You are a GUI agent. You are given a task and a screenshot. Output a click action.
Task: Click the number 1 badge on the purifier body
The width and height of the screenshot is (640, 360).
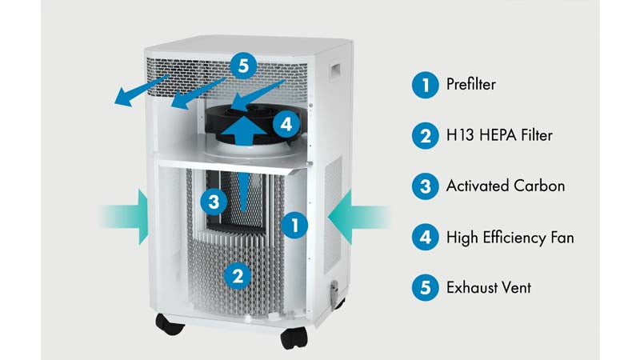click(295, 226)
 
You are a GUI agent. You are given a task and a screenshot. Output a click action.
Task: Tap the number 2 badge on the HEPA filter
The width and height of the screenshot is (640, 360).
click(237, 275)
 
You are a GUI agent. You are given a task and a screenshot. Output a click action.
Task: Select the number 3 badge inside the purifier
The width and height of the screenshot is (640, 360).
click(214, 202)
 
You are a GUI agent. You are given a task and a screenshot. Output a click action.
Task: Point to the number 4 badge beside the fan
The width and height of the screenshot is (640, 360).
click(286, 123)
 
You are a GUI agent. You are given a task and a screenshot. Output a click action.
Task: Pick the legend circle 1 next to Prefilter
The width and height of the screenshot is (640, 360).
click(425, 85)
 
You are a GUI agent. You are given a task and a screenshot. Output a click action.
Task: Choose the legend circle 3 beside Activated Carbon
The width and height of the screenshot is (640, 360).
click(425, 186)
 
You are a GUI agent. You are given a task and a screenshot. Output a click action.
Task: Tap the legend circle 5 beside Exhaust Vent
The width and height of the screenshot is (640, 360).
click(425, 286)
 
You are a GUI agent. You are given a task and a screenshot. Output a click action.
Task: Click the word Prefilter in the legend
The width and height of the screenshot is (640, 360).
click(471, 85)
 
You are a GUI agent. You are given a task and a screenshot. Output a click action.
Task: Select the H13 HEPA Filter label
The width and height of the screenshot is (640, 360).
click(499, 135)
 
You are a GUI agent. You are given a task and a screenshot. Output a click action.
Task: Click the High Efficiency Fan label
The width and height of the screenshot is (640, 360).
click(510, 237)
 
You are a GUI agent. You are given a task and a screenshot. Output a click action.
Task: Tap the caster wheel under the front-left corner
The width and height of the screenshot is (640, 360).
click(170, 325)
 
